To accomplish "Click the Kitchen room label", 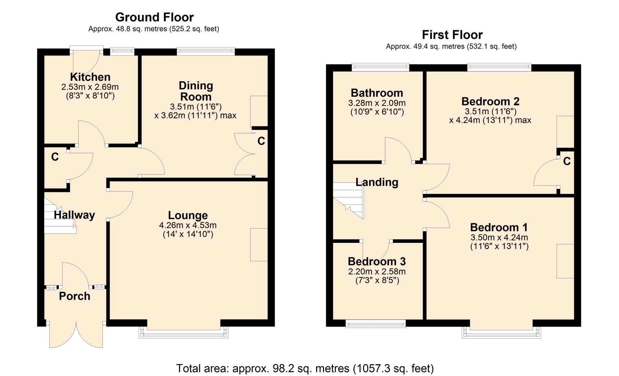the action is pyautogui.click(x=90, y=77).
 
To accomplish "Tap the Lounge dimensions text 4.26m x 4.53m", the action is pyautogui.click(x=188, y=225).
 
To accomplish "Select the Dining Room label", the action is pyautogui.click(x=196, y=91).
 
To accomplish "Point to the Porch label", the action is pyautogui.click(x=74, y=296).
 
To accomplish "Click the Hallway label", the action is pyautogui.click(x=74, y=215).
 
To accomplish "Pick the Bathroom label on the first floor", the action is pyautogui.click(x=377, y=93).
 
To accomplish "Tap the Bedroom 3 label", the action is pyautogui.click(x=377, y=261).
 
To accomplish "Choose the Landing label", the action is pyautogui.click(x=377, y=182).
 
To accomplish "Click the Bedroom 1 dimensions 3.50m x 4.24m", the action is pyautogui.click(x=499, y=238).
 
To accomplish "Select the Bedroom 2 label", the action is pyautogui.click(x=490, y=101).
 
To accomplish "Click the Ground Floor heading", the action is pyautogui.click(x=154, y=17).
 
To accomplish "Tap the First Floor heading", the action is pyautogui.click(x=452, y=35).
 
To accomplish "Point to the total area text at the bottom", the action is pyautogui.click(x=305, y=368).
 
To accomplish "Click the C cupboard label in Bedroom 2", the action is pyautogui.click(x=567, y=161).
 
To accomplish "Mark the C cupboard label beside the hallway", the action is pyautogui.click(x=55, y=157).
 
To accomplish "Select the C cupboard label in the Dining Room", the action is pyautogui.click(x=261, y=141).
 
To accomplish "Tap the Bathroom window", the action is pyautogui.click(x=380, y=67).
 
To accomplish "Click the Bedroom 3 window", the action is pyautogui.click(x=376, y=324).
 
